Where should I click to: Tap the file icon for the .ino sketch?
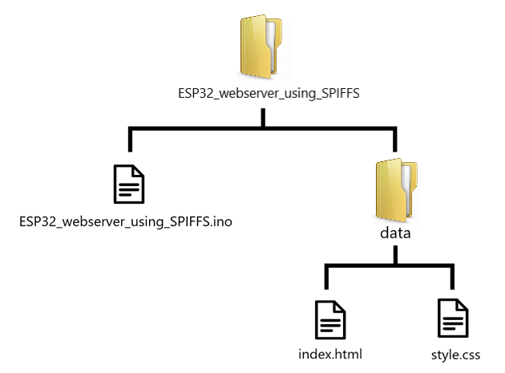(x=128, y=184)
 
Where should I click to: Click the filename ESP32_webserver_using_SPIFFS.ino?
(x=127, y=221)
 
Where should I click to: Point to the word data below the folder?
(x=394, y=234)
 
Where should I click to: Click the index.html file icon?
(x=329, y=318)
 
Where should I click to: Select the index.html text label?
(x=329, y=355)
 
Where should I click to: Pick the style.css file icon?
(x=452, y=318)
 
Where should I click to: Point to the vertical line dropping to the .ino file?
(x=129, y=140)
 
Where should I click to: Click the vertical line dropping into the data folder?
(x=394, y=140)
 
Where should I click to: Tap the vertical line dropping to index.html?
(x=325, y=278)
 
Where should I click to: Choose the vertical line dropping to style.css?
(x=453, y=278)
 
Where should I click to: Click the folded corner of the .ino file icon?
(x=139, y=170)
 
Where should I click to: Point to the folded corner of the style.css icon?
(x=463, y=305)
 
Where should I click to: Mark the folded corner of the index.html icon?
(x=340, y=305)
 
